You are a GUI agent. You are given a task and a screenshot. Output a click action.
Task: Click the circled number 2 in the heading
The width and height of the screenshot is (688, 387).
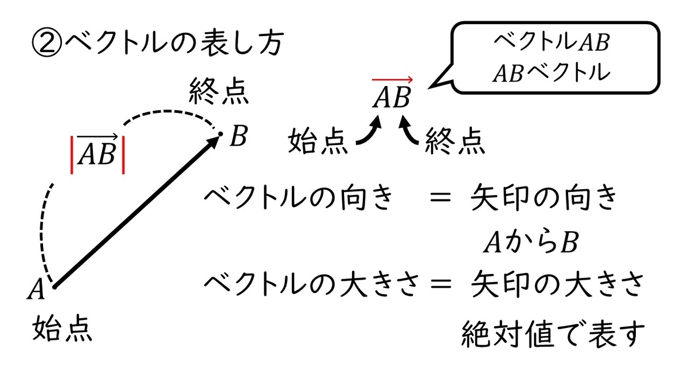click(x=47, y=44)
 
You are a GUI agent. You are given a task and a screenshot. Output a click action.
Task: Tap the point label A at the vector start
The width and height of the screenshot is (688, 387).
click(x=36, y=288)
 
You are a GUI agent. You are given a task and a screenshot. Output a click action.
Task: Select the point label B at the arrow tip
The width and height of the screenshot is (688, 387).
click(x=239, y=135)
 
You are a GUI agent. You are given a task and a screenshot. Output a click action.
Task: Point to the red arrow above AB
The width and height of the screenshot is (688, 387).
click(x=392, y=80)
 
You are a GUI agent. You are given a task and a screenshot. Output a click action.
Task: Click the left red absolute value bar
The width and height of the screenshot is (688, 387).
click(x=72, y=155)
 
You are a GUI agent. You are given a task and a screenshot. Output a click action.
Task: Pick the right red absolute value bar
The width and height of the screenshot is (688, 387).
click(x=123, y=155)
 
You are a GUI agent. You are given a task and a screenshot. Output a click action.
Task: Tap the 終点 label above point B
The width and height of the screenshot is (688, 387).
click(x=218, y=91)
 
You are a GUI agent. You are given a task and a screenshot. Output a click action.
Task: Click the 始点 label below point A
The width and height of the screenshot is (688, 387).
click(x=62, y=329)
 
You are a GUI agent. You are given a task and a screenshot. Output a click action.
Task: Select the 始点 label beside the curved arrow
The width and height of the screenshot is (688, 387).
click(x=318, y=140)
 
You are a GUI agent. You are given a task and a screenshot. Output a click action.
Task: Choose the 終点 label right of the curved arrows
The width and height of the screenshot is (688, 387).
click(x=455, y=140)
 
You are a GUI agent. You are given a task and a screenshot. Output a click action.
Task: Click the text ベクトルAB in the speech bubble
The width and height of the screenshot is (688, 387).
click(x=552, y=42)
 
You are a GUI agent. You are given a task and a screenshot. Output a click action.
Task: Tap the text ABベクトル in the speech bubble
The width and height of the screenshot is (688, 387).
click(x=552, y=73)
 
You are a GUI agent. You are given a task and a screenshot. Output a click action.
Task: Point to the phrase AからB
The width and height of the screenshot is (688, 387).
click(x=531, y=242)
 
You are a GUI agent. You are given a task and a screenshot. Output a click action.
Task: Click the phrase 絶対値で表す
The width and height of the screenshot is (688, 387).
click(x=553, y=334)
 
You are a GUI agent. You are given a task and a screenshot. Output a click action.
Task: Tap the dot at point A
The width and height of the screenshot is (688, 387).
click(x=54, y=287)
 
